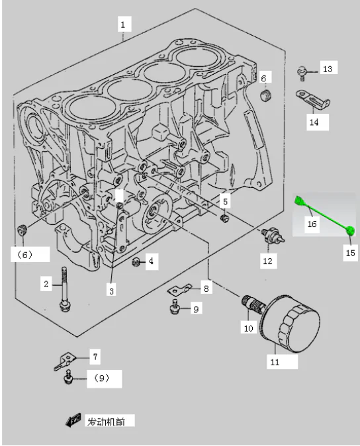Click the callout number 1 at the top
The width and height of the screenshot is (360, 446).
pos(122,24)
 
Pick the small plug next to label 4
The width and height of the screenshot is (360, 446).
pos(136,262)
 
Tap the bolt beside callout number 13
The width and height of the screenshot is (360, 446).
pos(302,69)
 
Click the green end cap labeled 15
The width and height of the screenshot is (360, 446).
pos(350,231)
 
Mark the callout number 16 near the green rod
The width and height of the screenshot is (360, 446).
pos(312,224)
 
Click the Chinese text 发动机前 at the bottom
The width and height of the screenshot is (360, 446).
pos(110,421)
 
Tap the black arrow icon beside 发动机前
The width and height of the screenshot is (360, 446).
pos(73,420)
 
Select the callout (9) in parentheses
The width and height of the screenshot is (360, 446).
pos(101,379)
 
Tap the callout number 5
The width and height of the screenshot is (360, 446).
pos(225,201)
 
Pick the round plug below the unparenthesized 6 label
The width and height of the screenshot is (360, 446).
pos(265,97)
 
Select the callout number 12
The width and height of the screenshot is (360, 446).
pos(267,261)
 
